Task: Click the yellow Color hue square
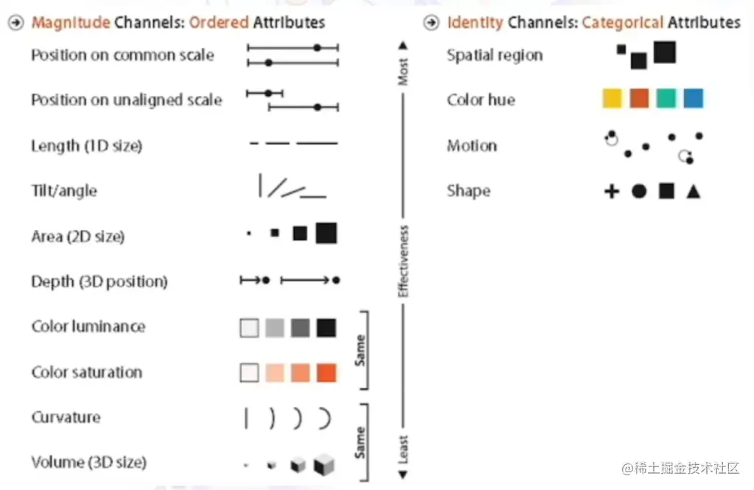point(612,99)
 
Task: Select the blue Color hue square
point(693,99)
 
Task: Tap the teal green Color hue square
point(666,99)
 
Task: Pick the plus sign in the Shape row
point(611,192)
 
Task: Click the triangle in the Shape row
point(693,192)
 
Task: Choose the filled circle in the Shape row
point(639,192)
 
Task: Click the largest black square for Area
point(326,233)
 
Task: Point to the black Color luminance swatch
point(326,327)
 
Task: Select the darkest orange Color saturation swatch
point(326,372)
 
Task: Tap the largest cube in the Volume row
point(324,465)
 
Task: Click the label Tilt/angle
point(64,192)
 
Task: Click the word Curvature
point(66,418)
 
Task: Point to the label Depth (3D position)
point(100,281)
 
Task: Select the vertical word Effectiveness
point(403,262)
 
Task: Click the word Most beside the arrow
point(403,72)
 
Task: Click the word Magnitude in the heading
point(71,22)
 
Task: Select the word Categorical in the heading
point(623,22)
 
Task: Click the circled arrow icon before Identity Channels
point(431,23)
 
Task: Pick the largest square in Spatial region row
point(664,52)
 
